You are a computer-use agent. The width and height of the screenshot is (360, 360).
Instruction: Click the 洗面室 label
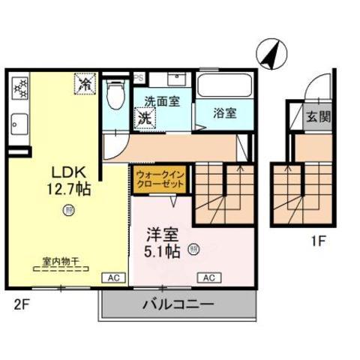(162, 101)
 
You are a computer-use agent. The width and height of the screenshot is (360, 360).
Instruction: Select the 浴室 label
(225, 113)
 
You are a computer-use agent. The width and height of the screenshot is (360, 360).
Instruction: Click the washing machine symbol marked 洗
(143, 118)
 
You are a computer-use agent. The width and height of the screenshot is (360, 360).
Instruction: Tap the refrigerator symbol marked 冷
(86, 82)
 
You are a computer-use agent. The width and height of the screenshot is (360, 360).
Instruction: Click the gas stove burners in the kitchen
(19, 88)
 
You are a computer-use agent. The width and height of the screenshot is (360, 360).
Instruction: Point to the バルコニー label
(177, 304)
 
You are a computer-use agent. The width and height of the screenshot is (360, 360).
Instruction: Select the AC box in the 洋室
(209, 277)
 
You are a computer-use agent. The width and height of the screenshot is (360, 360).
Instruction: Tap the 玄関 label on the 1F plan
(316, 118)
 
